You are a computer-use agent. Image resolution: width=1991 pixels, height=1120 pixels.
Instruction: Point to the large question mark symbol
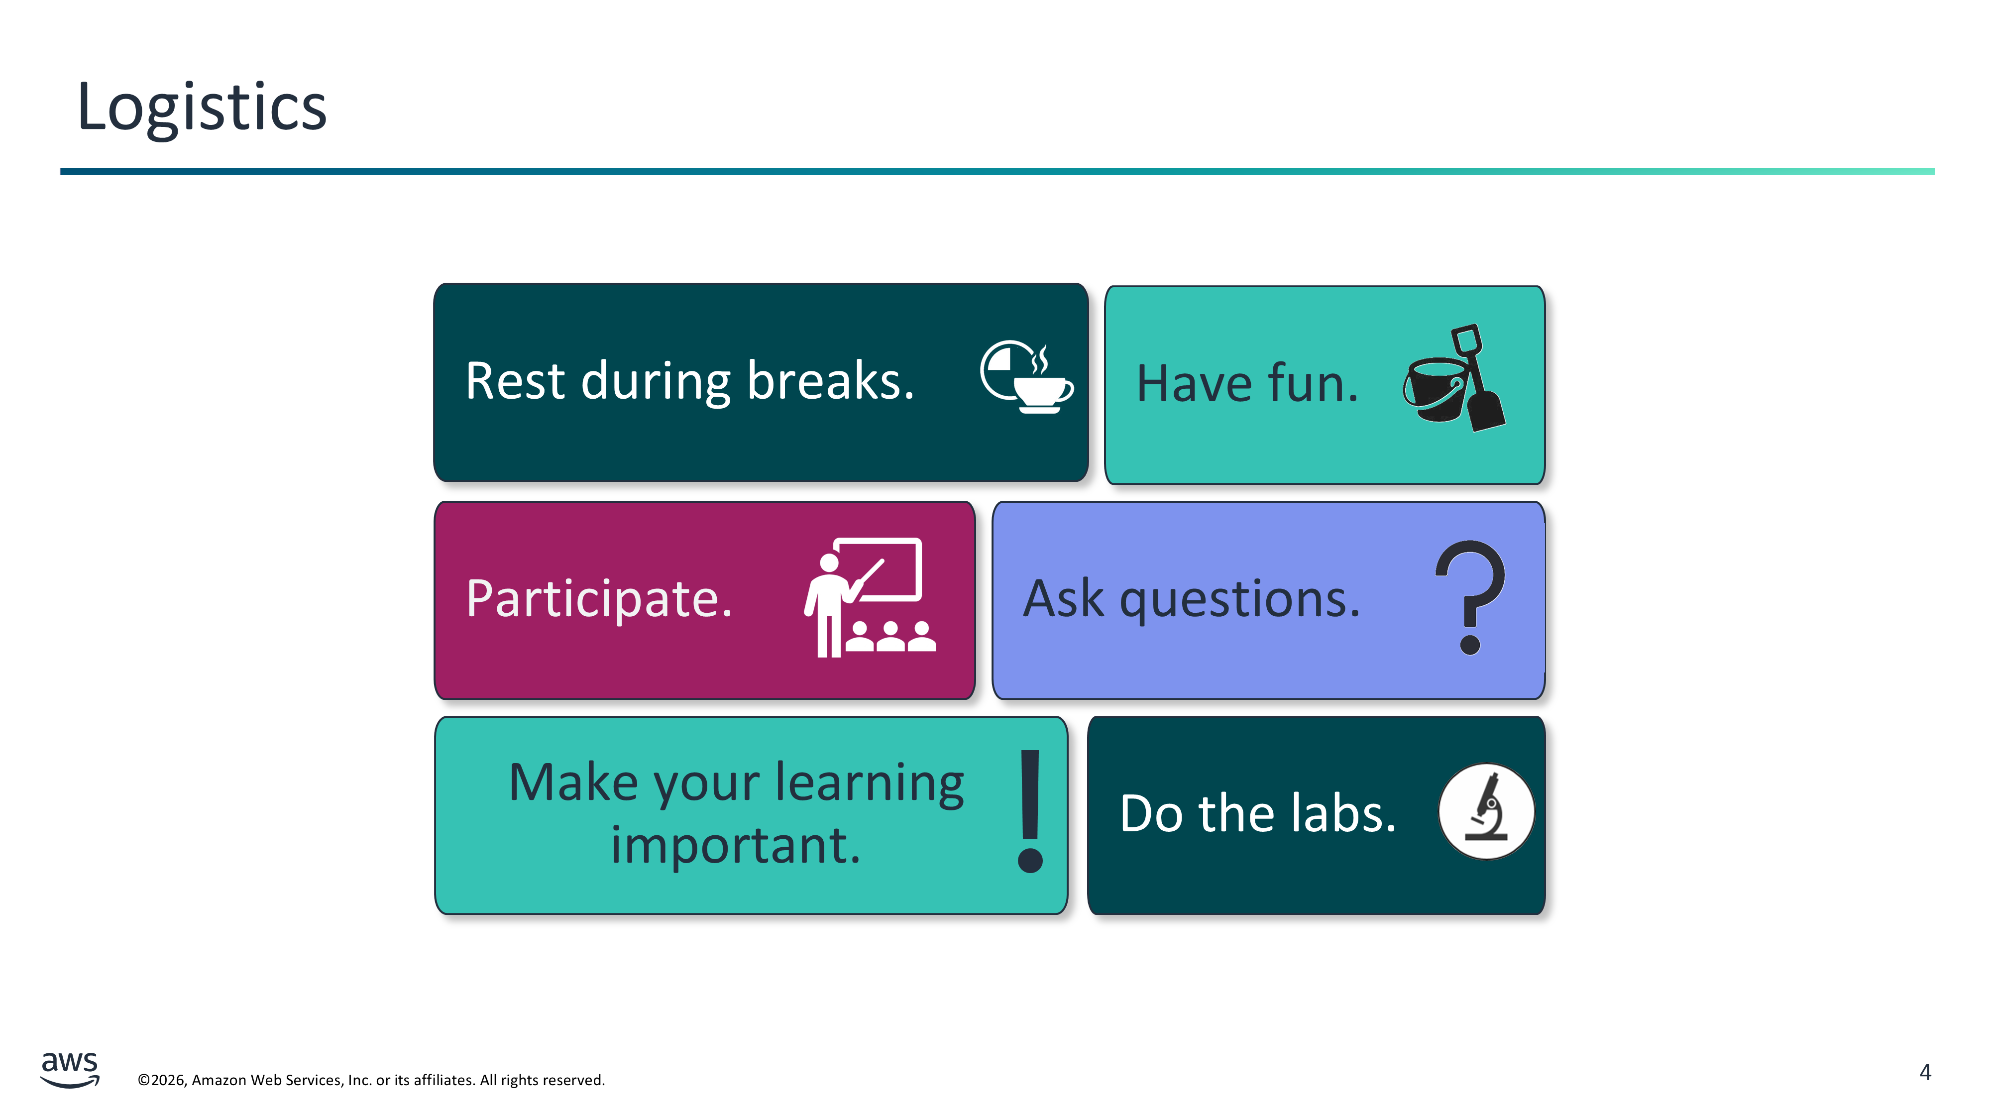pyautogui.click(x=1469, y=597)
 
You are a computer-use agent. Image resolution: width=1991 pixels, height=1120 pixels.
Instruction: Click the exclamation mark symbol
pyautogui.click(x=1030, y=811)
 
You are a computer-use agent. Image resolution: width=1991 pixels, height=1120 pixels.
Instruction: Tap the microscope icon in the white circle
pyautogui.click(x=1485, y=811)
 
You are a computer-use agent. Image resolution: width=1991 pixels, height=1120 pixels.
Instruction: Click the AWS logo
pyautogui.click(x=70, y=1069)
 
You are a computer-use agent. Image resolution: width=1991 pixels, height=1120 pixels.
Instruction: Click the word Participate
pyautogui.click(x=599, y=598)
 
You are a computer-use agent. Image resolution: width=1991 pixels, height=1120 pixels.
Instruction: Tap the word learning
pyautogui.click(x=870, y=784)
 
